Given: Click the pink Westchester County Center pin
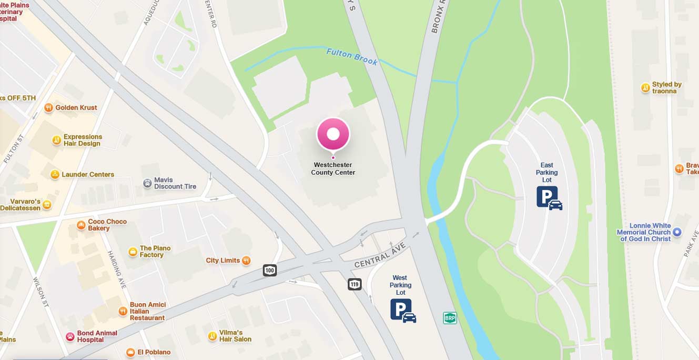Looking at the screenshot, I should [x=333, y=134].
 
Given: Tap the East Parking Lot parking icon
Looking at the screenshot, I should [x=549, y=198].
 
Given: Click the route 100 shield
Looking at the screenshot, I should [x=270, y=271].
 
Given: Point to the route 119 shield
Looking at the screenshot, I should [x=354, y=284].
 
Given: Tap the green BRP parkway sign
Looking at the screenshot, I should [x=450, y=318].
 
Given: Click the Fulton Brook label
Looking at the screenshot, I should [x=352, y=57].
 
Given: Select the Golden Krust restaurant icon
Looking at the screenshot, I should [x=48, y=107].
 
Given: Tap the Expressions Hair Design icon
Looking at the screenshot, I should [x=56, y=140].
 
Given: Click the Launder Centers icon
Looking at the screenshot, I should [x=55, y=174].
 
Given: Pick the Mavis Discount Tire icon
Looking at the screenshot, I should [x=147, y=183].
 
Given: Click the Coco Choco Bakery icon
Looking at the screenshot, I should [x=81, y=225].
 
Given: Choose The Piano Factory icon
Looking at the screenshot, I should [x=133, y=252].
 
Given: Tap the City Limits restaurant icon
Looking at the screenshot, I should [x=246, y=260].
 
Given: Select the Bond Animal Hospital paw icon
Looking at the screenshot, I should [x=70, y=336].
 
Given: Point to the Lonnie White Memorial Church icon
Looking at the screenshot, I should [x=677, y=232].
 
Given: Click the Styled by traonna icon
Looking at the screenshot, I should [x=645, y=88].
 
